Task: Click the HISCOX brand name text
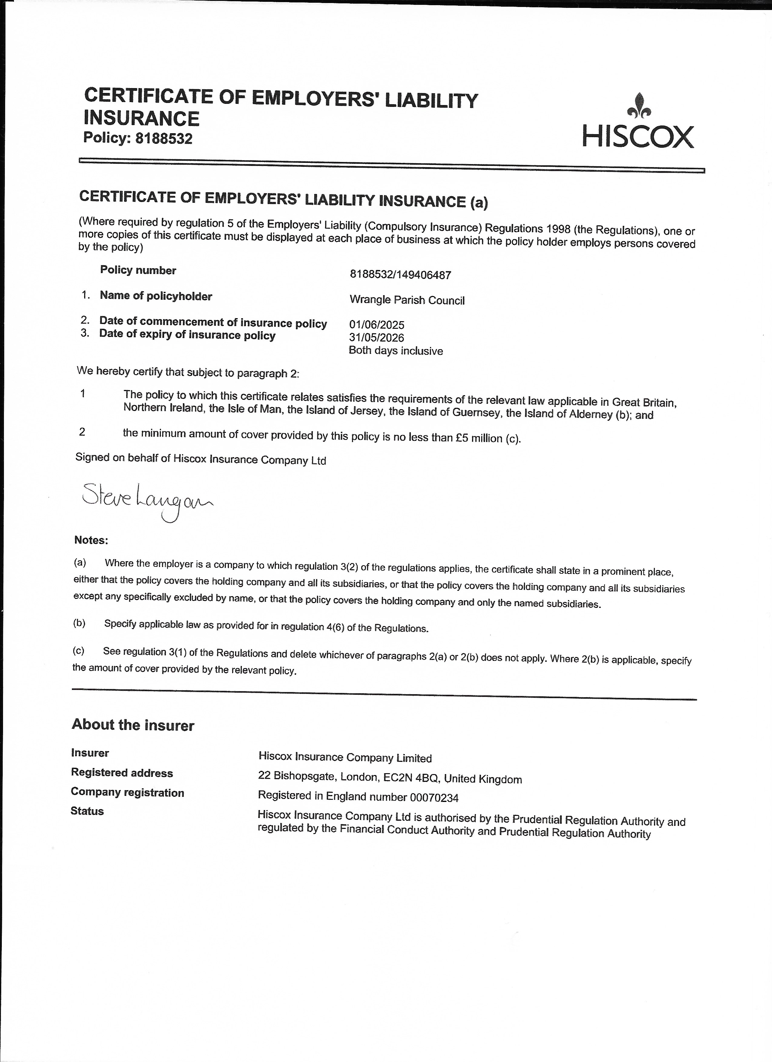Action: pos(638,137)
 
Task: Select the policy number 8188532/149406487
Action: pos(400,274)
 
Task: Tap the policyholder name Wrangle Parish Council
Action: pos(407,300)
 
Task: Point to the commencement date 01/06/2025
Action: pos(376,325)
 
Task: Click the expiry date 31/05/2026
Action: pos(376,338)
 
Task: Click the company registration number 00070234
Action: pos(434,797)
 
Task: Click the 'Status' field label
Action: pos(87,811)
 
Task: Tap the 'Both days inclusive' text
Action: pos(396,351)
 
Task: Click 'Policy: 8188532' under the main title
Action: pos(138,138)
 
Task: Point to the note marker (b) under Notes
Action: pos(79,623)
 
